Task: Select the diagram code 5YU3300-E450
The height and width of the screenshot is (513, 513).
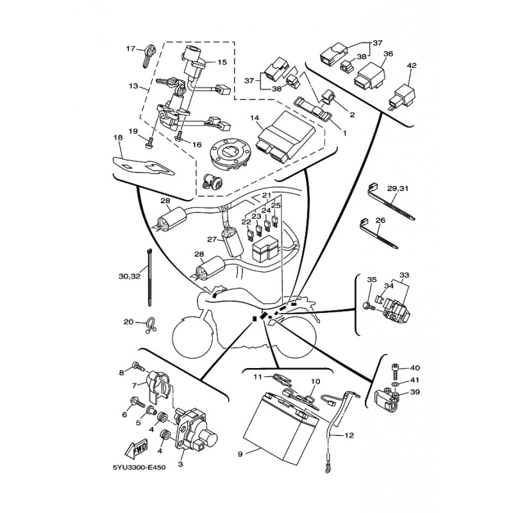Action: coord(139,467)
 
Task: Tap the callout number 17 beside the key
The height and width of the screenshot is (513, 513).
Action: coord(131,49)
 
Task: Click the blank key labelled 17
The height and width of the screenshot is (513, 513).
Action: coord(147,55)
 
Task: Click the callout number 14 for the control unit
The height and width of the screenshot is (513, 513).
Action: coord(254,117)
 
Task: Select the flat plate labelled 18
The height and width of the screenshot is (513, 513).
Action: coord(143,167)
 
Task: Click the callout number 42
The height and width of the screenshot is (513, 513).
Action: coord(412,65)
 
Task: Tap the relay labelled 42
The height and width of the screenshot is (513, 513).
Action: coord(403,96)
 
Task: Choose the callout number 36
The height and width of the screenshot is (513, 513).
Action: coord(388,54)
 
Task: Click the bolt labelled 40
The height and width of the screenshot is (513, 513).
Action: coord(395,371)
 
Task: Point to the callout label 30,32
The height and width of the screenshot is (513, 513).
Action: coord(130,276)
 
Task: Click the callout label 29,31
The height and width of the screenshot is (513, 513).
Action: coord(398,189)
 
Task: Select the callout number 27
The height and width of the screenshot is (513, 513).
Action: coord(212,239)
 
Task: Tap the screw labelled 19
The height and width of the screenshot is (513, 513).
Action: coord(149,143)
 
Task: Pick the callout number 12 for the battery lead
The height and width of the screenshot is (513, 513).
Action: coord(349,435)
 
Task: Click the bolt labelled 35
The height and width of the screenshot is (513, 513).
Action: coord(369,307)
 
